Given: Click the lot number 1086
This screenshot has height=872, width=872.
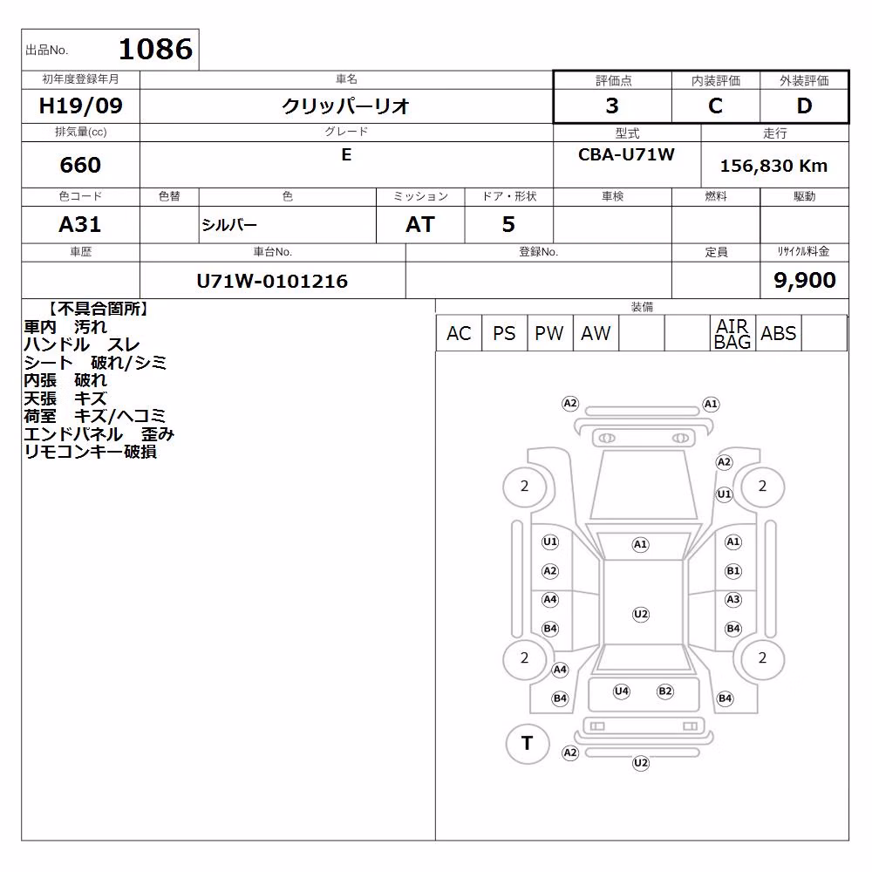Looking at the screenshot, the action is [156, 49].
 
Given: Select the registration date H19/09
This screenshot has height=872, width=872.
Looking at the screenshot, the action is [80, 106].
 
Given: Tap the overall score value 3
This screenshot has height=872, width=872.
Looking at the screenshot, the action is [612, 106].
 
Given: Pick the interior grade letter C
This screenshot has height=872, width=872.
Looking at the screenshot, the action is [715, 106].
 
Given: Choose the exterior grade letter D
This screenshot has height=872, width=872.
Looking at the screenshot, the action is [804, 106].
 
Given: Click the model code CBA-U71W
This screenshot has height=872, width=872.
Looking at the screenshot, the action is [626, 154].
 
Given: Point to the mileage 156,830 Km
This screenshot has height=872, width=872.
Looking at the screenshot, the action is [773, 166].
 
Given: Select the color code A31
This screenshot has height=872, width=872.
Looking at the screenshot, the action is [80, 224].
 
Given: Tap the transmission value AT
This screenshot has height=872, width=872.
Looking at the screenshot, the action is [420, 224].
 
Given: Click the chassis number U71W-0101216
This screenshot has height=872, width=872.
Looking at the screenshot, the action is [272, 281].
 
